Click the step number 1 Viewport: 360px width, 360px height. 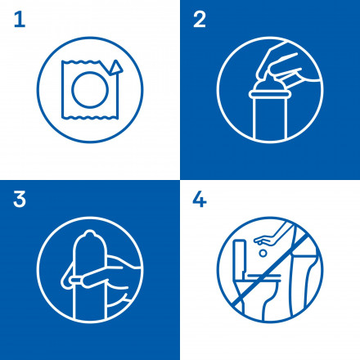19,20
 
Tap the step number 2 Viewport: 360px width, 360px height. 199,20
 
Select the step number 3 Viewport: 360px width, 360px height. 20,199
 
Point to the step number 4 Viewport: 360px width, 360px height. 200,200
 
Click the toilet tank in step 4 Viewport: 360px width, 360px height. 242,250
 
